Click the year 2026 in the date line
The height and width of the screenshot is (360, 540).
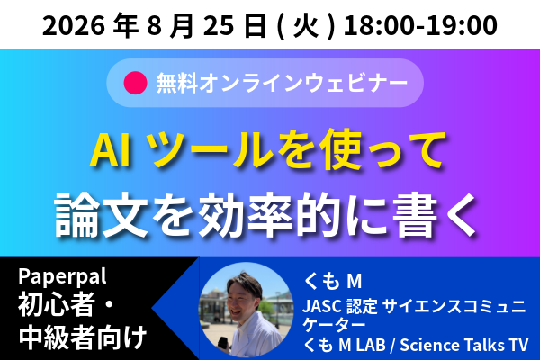pyautogui.click(x=74, y=25)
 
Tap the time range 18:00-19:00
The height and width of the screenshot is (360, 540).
pyautogui.click(x=420, y=25)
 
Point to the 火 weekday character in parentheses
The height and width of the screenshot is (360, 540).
pyautogui.click(x=306, y=26)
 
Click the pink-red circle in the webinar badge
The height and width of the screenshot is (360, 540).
pyautogui.click(x=135, y=83)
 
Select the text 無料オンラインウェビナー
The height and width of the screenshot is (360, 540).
pyautogui.click(x=282, y=83)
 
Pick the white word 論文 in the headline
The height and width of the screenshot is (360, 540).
pyautogui.click(x=102, y=215)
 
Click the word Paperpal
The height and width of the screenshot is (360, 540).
pyautogui.click(x=62, y=276)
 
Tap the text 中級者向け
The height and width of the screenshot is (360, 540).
pyautogui.click(x=83, y=337)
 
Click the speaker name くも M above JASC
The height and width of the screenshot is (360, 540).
pyautogui.click(x=333, y=281)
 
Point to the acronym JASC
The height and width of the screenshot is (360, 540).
pyautogui.click(x=322, y=306)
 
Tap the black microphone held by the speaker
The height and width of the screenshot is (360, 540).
pyautogui.click(x=223, y=345)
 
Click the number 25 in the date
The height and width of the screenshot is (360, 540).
pyautogui.click(x=217, y=25)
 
